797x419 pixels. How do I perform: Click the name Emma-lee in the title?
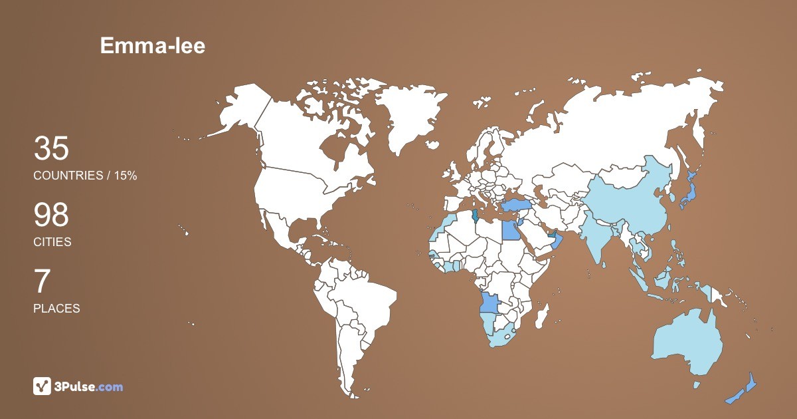[153, 45]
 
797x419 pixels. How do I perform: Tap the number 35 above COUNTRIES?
[51, 148]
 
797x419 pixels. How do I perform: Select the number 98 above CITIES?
[51, 215]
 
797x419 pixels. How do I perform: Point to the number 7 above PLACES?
[42, 282]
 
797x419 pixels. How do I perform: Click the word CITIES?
[52, 242]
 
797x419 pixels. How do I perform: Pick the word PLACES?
[56, 309]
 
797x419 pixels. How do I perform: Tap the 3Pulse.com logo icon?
[43, 386]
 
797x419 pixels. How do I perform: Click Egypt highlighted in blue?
[509, 230]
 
